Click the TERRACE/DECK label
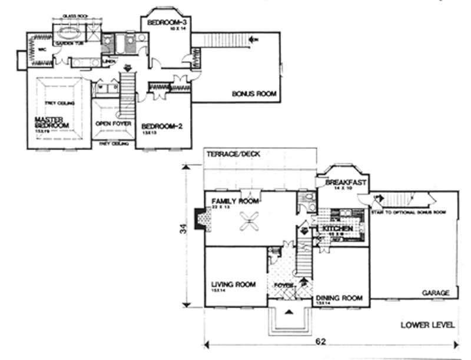[234, 154]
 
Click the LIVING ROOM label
[233, 284]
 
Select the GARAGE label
[436, 292]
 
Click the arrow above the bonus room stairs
[253, 39]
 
